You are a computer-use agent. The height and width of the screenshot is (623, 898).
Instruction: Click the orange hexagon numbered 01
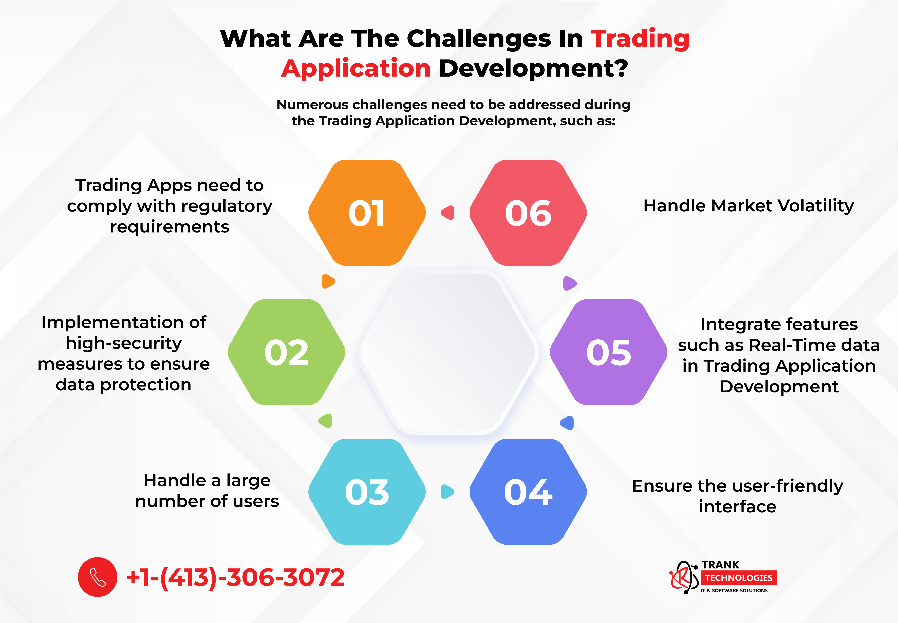(x=367, y=213)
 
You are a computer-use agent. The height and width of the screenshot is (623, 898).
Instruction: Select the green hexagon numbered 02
(x=286, y=352)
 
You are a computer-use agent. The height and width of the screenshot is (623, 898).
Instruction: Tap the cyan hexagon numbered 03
(x=367, y=492)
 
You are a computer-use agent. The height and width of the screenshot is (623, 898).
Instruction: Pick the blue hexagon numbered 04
(x=528, y=492)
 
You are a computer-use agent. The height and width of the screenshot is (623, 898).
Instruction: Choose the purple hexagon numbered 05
(x=608, y=352)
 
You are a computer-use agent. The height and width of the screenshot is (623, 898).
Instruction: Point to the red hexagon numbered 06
(x=528, y=213)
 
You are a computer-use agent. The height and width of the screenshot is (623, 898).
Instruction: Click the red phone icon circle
(x=98, y=577)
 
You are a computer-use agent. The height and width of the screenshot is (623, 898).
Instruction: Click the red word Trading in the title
(x=640, y=39)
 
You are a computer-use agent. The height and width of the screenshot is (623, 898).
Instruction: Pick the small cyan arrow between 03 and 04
(x=447, y=492)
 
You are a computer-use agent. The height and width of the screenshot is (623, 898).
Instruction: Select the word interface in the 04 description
(x=737, y=507)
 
